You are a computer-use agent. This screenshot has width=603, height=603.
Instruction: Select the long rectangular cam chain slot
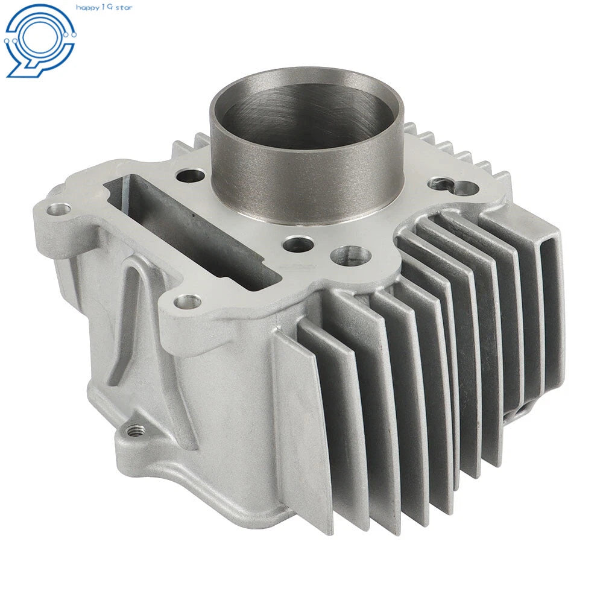click(x=192, y=226)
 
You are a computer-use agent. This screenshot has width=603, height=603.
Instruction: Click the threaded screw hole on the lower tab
click(x=135, y=430)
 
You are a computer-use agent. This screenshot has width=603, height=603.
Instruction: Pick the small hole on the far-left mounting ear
click(x=59, y=209)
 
